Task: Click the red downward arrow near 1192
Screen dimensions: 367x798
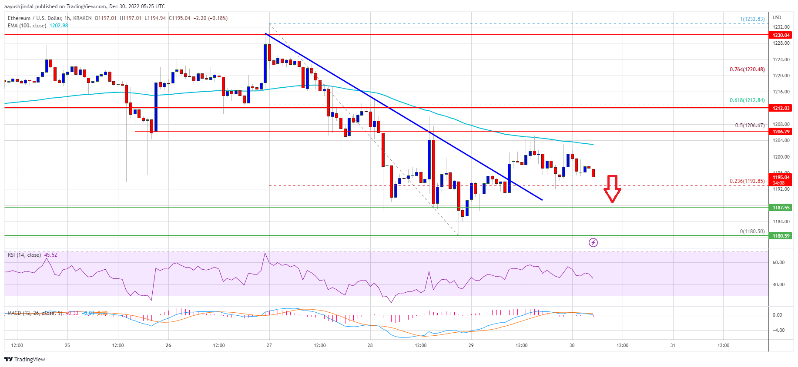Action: tap(612, 188)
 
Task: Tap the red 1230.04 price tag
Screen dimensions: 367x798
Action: tap(781, 35)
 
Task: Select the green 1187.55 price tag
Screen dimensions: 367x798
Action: tap(781, 208)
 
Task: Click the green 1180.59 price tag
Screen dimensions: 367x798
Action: tap(781, 236)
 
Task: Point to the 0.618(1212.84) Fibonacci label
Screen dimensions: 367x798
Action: tap(747, 100)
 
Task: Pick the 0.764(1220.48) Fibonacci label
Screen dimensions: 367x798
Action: tap(747, 69)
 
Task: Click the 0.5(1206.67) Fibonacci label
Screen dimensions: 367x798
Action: tap(749, 126)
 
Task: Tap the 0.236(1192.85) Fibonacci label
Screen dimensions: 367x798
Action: tap(747, 181)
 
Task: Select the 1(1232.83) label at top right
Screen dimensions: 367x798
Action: tap(752, 19)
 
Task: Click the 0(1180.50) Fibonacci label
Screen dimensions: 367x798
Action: tap(752, 231)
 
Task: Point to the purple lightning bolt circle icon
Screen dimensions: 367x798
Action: tap(593, 242)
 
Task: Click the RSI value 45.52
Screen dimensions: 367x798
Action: tap(50, 255)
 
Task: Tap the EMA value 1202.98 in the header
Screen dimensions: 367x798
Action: tap(59, 26)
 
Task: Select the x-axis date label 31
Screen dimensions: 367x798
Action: tap(673, 345)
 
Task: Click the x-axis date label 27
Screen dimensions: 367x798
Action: tap(269, 345)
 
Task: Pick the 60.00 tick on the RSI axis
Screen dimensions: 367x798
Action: tap(778, 262)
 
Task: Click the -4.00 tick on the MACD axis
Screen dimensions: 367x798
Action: tap(778, 330)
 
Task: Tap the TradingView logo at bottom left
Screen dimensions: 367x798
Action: tap(25, 359)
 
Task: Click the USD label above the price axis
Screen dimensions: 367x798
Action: tap(777, 17)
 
